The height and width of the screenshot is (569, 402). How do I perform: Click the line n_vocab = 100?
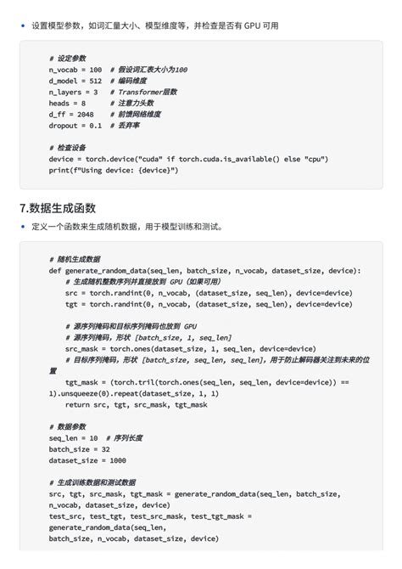(x=75, y=69)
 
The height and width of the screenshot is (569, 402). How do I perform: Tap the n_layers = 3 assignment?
(x=74, y=91)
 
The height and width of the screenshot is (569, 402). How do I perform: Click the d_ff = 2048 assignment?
(x=71, y=114)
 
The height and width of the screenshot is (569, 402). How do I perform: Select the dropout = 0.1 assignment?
(x=75, y=125)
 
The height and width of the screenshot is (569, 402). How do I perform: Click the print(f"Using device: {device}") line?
(x=114, y=170)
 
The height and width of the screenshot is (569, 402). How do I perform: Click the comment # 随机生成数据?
(x=75, y=258)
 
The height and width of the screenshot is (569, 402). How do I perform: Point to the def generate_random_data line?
(x=204, y=270)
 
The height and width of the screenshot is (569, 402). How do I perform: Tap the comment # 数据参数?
(x=69, y=426)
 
